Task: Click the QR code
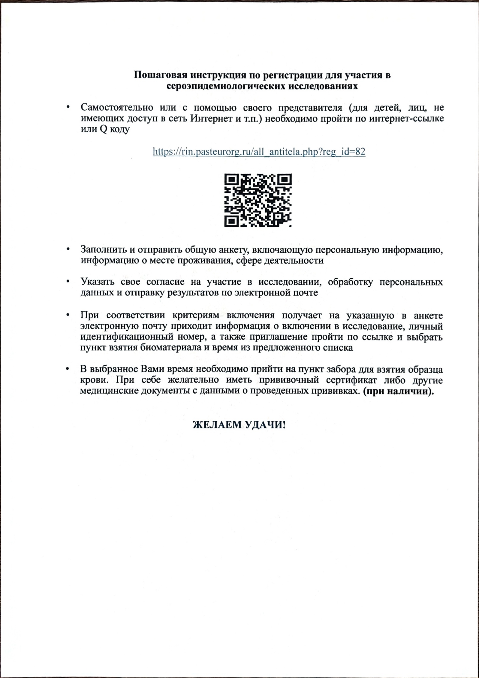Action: [258, 200]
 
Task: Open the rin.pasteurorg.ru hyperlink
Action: [259, 151]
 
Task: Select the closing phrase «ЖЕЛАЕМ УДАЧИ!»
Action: [239, 425]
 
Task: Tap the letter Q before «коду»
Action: [103, 130]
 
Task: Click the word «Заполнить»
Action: [103, 249]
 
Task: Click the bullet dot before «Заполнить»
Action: [68, 249]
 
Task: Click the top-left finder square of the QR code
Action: [231, 181]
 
